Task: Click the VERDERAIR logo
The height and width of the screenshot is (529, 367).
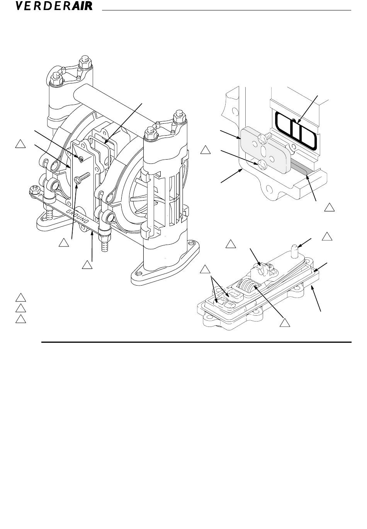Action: pyautogui.click(x=54, y=6)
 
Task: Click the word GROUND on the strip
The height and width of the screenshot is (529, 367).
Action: pyautogui.click(x=78, y=216)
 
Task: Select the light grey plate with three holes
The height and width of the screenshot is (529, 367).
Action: pyautogui.click(x=267, y=150)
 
